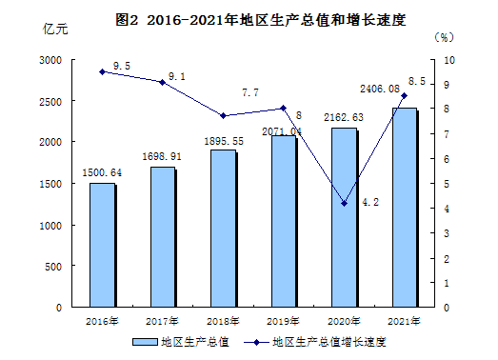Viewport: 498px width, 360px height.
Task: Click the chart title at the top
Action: tap(261, 20)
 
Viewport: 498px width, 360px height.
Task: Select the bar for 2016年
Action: tap(103, 245)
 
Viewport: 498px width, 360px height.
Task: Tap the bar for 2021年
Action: tap(405, 208)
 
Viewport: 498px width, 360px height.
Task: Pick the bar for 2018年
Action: tap(223, 229)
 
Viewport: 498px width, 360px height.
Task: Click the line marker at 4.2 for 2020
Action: tap(344, 204)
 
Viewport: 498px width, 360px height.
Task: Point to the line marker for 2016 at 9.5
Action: tap(102, 71)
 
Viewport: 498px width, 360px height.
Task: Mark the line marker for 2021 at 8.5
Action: tap(405, 95)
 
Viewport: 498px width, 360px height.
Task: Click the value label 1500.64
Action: tap(102, 172)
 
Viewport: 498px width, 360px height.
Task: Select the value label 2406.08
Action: tap(380, 89)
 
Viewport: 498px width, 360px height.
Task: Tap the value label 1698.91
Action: tap(162, 156)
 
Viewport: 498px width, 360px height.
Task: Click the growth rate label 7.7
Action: tap(250, 92)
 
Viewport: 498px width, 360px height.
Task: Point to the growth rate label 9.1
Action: tap(176, 76)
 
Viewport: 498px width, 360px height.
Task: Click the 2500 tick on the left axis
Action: tap(50, 102)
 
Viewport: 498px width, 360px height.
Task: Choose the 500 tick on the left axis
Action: tap(53, 267)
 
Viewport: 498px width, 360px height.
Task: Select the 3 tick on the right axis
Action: tap(447, 233)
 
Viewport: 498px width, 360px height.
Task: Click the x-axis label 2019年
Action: tap(283, 321)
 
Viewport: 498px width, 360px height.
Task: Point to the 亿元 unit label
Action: tap(55, 29)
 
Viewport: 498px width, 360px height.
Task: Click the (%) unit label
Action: tap(444, 37)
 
